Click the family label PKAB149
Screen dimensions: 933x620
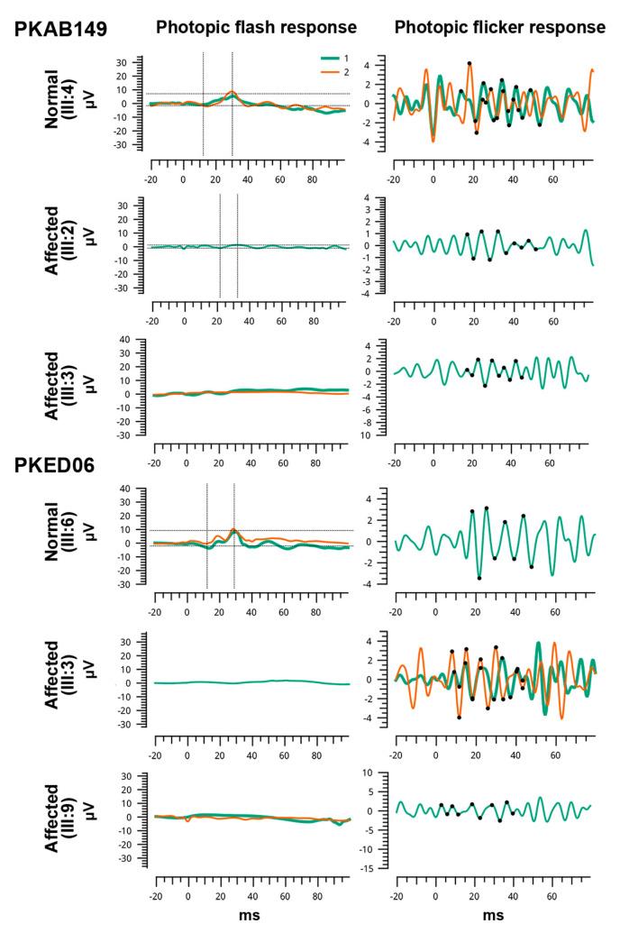60,29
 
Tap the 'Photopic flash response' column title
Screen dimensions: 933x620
256,27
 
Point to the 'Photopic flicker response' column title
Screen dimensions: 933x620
499,27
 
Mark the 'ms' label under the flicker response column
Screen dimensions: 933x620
493,916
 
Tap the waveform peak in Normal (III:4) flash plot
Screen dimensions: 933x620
232,92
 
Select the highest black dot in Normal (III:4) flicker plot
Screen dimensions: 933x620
469,63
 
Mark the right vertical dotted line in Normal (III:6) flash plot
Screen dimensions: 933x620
234,536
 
